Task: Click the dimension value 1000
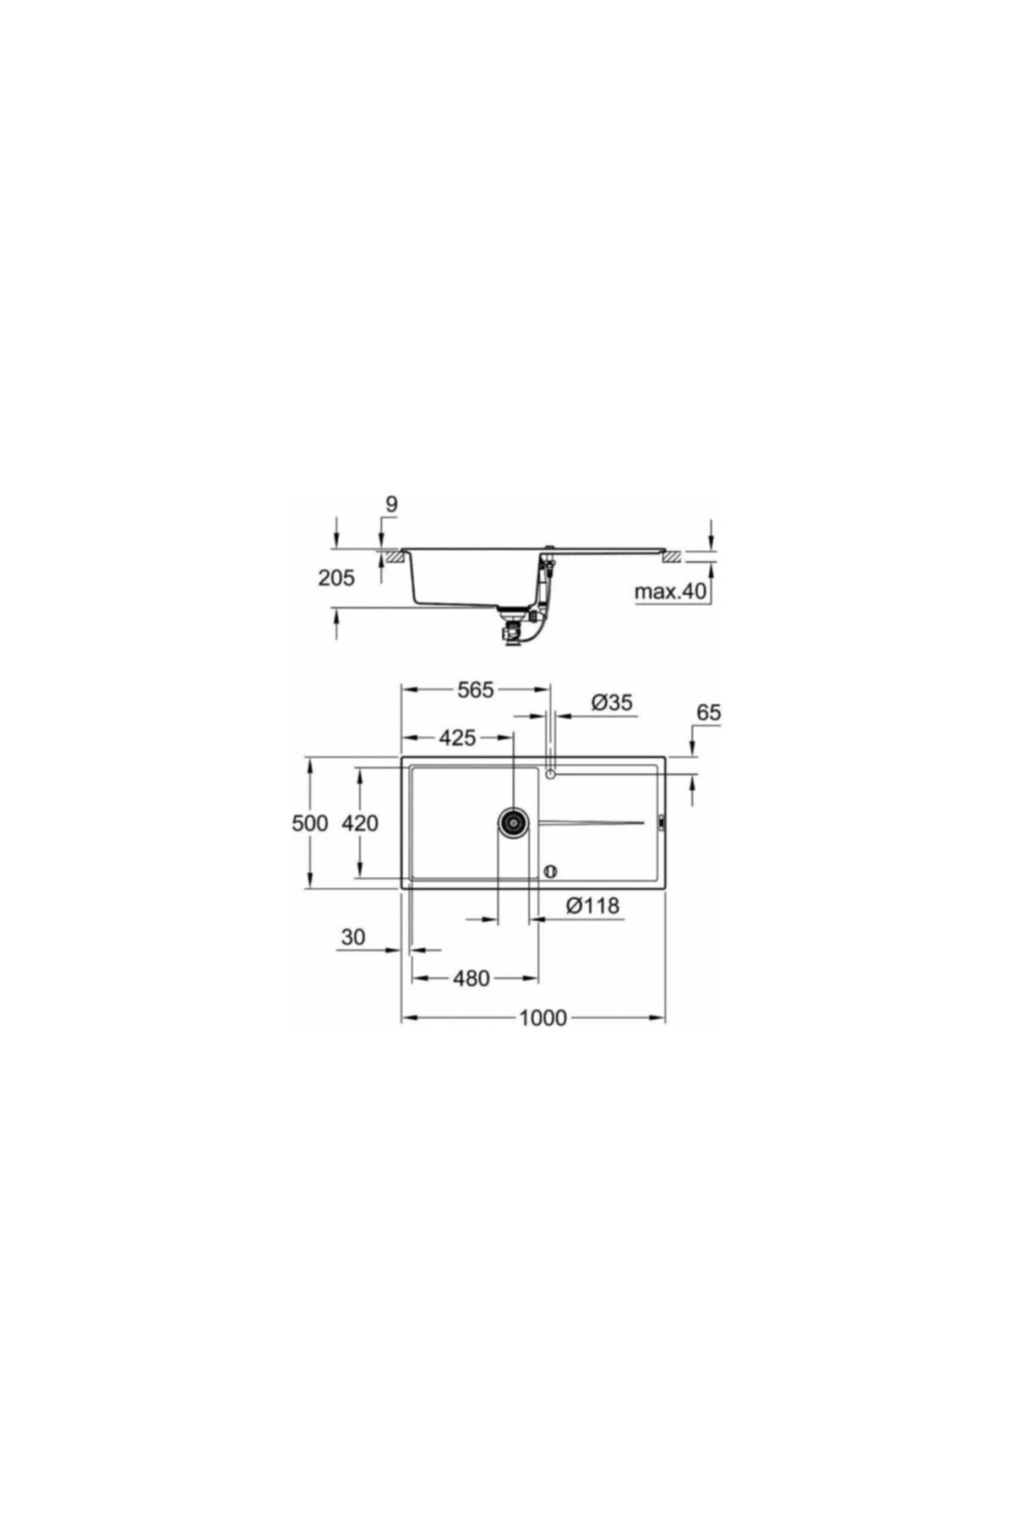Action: click(542, 1018)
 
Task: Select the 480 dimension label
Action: click(472, 979)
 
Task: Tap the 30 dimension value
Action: click(353, 937)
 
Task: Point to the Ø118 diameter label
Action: click(592, 906)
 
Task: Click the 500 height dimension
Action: click(309, 823)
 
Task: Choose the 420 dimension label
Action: click(361, 823)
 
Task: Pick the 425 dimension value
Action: click(458, 738)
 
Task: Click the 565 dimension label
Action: click(475, 690)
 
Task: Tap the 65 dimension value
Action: click(709, 713)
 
